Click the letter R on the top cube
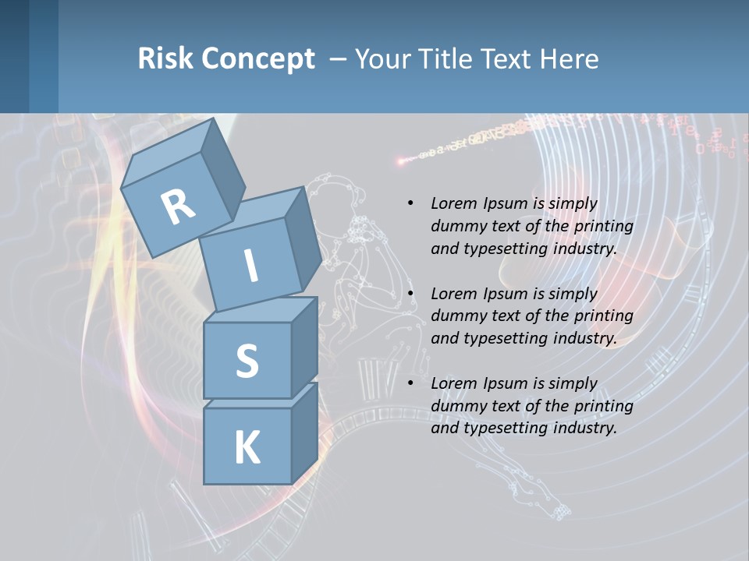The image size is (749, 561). click(x=178, y=206)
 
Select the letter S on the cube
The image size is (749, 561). click(x=247, y=361)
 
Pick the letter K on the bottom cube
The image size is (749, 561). click(x=247, y=448)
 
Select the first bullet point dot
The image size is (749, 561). click(x=410, y=203)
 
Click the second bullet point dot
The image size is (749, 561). click(x=410, y=294)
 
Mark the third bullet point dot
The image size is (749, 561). click(x=410, y=383)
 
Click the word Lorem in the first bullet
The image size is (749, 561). click(x=453, y=203)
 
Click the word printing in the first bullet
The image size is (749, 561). click(x=603, y=226)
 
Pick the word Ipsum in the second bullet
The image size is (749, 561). click(x=503, y=294)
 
